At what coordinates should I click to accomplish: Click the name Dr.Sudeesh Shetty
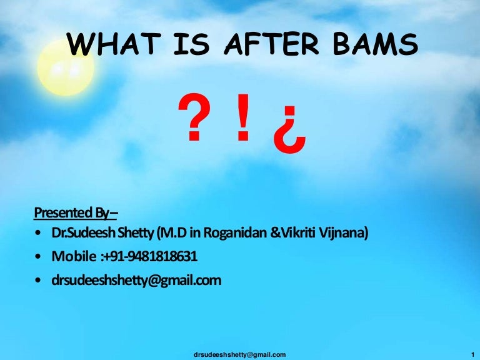(x=105, y=234)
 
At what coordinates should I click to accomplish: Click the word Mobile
(x=74, y=257)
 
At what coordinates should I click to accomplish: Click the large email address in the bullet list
(x=137, y=281)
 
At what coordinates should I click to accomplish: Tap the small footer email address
(x=241, y=354)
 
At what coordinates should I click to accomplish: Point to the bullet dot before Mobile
(x=40, y=257)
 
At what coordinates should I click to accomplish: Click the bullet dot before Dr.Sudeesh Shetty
(x=40, y=234)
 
